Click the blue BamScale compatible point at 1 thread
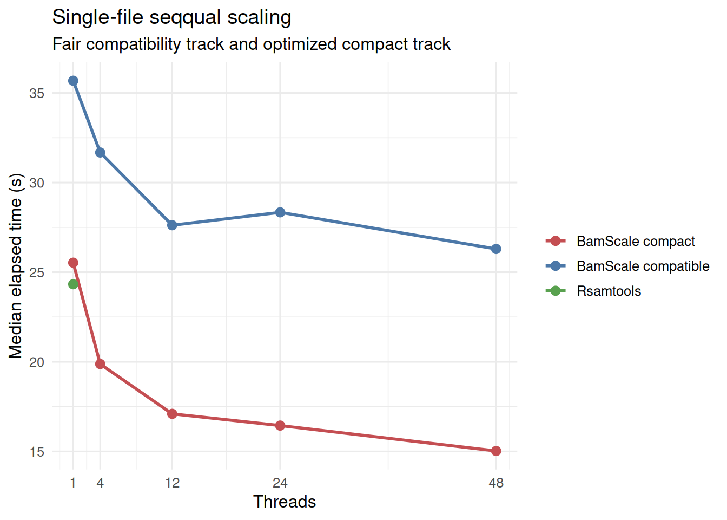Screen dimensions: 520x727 [73, 81]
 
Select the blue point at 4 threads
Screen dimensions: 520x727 [100, 153]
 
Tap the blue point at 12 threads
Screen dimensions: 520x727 [172, 225]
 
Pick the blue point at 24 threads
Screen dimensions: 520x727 [280, 212]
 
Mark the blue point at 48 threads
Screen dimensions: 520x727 [496, 249]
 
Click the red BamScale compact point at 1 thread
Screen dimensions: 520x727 [73, 263]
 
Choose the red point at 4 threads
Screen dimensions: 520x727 [100, 364]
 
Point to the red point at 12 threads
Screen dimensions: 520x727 [172, 414]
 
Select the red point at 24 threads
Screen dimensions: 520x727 [280, 426]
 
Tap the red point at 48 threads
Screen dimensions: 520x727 [496, 451]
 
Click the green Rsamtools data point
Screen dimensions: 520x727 [73, 284]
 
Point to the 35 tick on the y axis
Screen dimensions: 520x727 [37, 93]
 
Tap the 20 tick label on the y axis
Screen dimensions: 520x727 [37, 362]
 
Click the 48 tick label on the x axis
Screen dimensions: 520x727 [496, 483]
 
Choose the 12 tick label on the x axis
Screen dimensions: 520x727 [172, 483]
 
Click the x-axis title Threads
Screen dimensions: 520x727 [285, 502]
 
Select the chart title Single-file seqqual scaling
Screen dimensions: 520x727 [171, 17]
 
